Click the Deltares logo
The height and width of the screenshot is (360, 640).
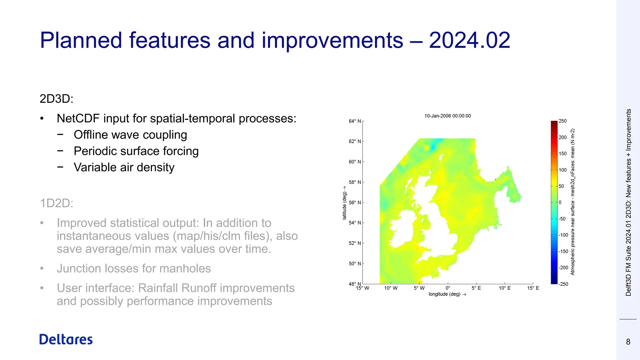pos(66,339)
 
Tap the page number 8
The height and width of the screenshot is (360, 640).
pos(628,342)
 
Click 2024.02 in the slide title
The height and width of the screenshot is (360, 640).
pos(469,40)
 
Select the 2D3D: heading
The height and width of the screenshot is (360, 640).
pos(57,99)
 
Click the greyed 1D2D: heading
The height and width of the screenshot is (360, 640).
pos(57,203)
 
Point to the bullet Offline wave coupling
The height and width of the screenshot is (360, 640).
pos(130,135)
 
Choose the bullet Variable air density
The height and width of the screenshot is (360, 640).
pos(124,167)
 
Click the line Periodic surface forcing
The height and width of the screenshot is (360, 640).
pos(136,151)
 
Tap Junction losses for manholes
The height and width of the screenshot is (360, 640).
pos(134,268)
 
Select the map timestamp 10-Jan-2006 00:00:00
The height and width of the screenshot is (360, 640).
pos(447,116)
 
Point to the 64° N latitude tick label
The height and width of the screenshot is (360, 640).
pos(355,121)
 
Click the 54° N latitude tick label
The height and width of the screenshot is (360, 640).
pos(355,223)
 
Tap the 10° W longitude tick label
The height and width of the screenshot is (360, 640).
pos(391,288)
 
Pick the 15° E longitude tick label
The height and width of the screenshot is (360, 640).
pos(533,288)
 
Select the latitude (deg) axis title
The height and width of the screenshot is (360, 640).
pos(344,203)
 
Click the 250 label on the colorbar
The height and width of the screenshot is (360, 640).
pos(562,121)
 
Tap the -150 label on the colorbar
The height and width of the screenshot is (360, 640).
pos(563,251)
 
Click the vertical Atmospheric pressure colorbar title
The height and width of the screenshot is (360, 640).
pos(572,202)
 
